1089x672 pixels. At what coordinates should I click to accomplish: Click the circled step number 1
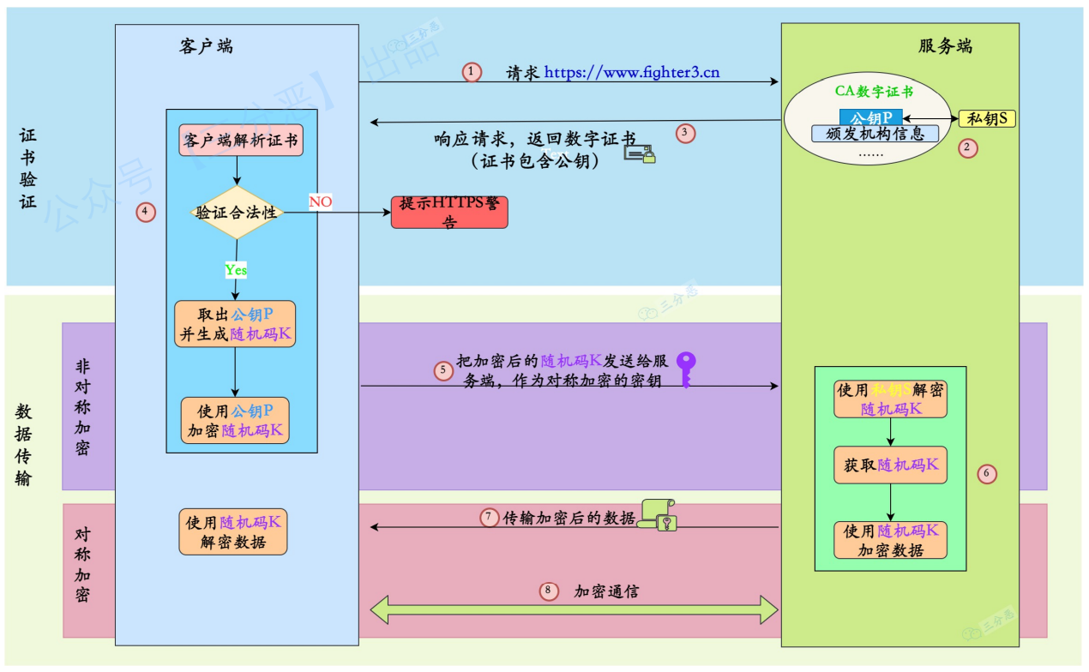(x=472, y=72)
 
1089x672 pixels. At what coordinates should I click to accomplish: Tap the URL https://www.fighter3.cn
(x=632, y=73)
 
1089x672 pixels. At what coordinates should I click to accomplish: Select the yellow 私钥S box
(x=986, y=118)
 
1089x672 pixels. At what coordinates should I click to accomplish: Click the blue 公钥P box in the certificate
(x=870, y=117)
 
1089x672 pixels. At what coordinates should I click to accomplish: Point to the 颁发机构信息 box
(x=875, y=134)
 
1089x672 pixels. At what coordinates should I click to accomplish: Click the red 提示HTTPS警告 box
(x=449, y=212)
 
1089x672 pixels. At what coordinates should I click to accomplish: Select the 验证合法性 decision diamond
(x=237, y=213)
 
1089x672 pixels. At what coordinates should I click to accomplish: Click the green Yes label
(x=236, y=270)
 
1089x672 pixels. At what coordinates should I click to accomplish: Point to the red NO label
(x=320, y=201)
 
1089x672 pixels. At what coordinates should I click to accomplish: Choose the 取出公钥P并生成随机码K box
(x=235, y=324)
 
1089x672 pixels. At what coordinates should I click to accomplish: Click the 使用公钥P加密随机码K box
(x=235, y=420)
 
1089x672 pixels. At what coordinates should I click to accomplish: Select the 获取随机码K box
(x=890, y=465)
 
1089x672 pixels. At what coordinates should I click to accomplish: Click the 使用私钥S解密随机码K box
(x=890, y=399)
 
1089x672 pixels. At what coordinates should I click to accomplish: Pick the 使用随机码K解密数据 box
(x=232, y=531)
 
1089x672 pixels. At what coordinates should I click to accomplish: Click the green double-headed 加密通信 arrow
(x=573, y=610)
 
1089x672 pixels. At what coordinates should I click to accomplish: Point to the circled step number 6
(x=987, y=473)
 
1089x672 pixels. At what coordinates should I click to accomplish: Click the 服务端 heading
(x=945, y=46)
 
